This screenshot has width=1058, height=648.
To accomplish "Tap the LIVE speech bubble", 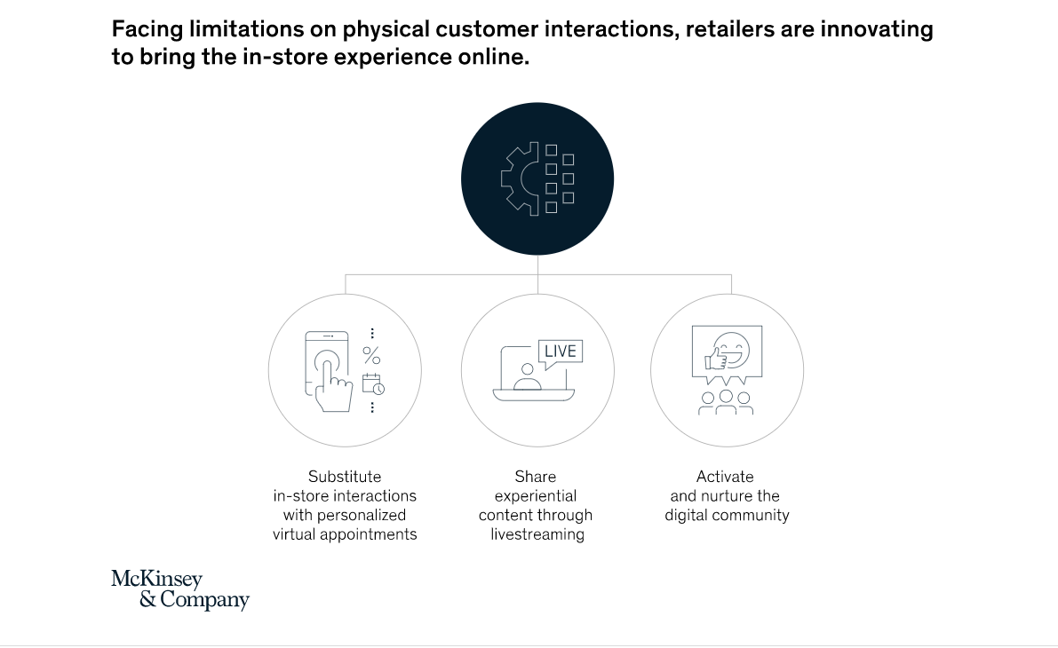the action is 560,352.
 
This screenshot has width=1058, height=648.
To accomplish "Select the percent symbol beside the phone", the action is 371,355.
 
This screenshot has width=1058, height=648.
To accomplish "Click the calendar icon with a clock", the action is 373,383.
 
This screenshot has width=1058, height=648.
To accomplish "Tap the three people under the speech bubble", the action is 726,402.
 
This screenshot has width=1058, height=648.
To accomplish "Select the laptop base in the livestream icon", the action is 533,394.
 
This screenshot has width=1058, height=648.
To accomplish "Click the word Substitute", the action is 345,477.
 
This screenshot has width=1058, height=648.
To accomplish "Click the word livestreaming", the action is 537,534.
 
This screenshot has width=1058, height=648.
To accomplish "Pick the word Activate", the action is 725,477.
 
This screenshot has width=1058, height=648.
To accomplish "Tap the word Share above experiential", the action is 535,477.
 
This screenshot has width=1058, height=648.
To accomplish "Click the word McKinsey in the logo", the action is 156,580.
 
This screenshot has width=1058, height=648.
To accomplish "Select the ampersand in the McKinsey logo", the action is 147,599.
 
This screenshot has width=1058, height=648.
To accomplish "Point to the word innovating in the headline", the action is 877,29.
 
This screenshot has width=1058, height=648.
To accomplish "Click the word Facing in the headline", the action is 147,29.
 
